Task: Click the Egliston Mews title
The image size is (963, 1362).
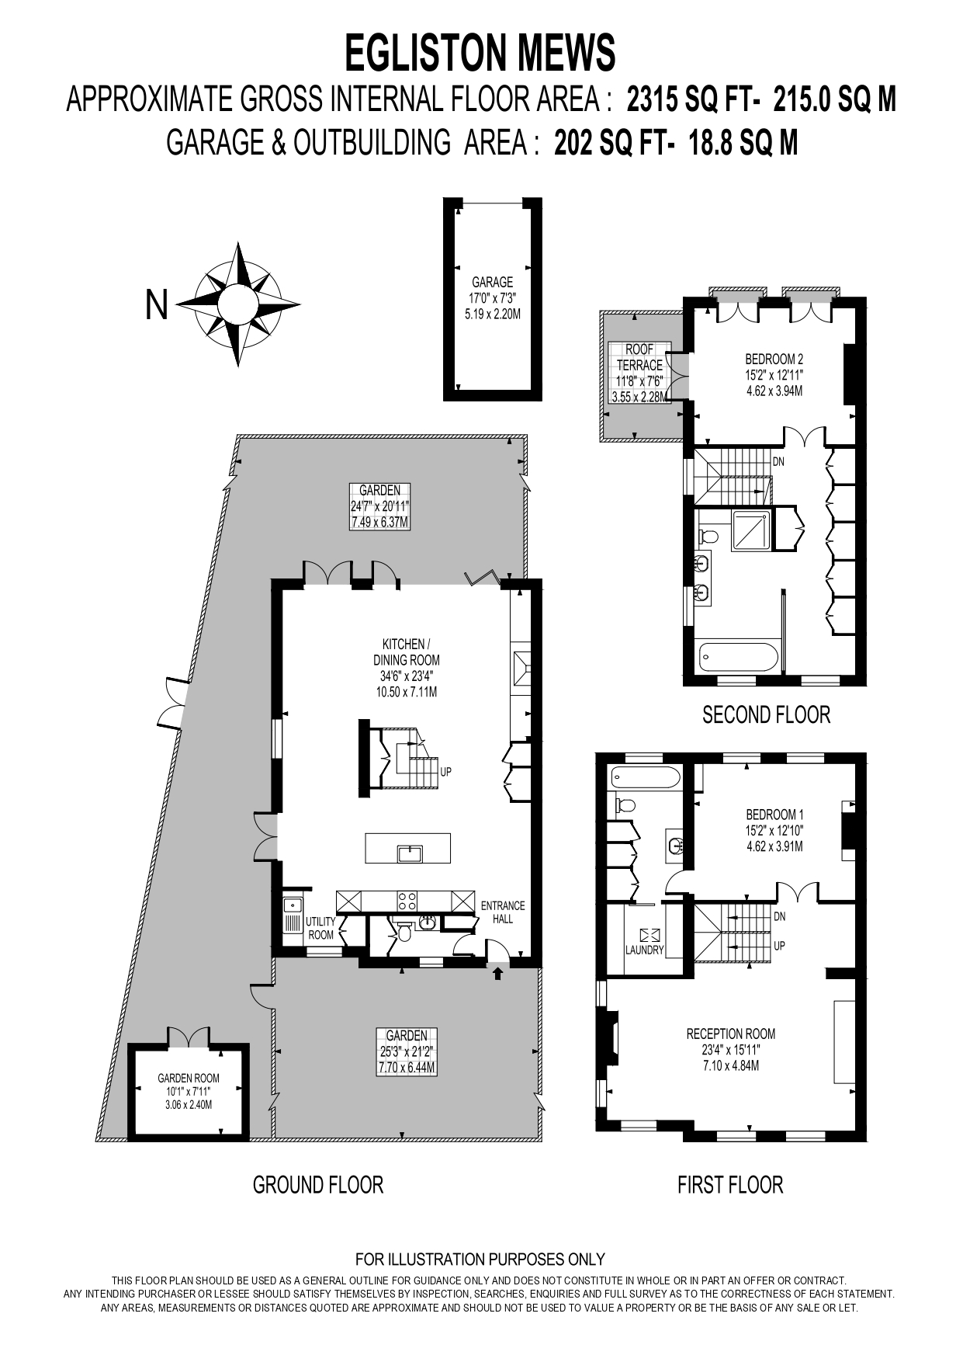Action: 480,54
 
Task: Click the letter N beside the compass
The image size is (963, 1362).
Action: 157,304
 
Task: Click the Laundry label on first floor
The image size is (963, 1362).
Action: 645,950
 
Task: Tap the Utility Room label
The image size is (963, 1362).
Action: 320,928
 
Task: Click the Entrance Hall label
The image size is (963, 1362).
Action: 503,912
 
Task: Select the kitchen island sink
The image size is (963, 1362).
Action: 409,854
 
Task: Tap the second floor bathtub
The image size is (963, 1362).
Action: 739,657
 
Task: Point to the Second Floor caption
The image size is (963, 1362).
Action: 766,714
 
